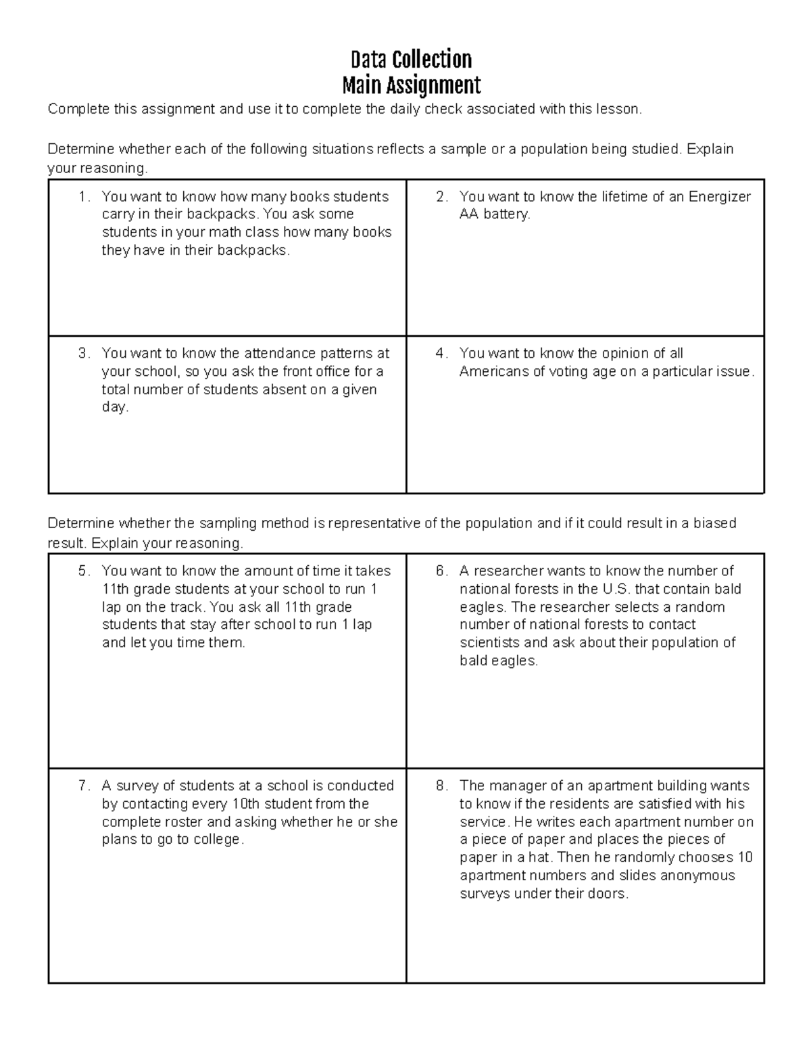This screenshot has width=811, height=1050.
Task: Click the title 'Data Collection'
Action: (x=411, y=59)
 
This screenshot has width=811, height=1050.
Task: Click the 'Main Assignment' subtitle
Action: (x=411, y=86)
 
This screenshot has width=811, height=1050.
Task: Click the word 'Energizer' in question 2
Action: (x=719, y=197)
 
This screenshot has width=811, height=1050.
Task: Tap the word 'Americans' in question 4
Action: (x=491, y=371)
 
